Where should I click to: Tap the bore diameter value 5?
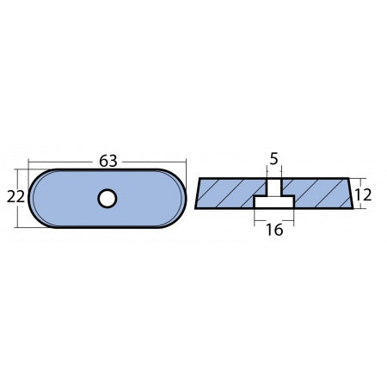tap(273, 158)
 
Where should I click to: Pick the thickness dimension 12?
tap(362, 195)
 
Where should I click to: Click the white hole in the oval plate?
tap(107, 200)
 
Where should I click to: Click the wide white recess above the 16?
tap(273, 202)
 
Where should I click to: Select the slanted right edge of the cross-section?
tap(350, 194)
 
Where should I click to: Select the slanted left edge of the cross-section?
tap(197, 194)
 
